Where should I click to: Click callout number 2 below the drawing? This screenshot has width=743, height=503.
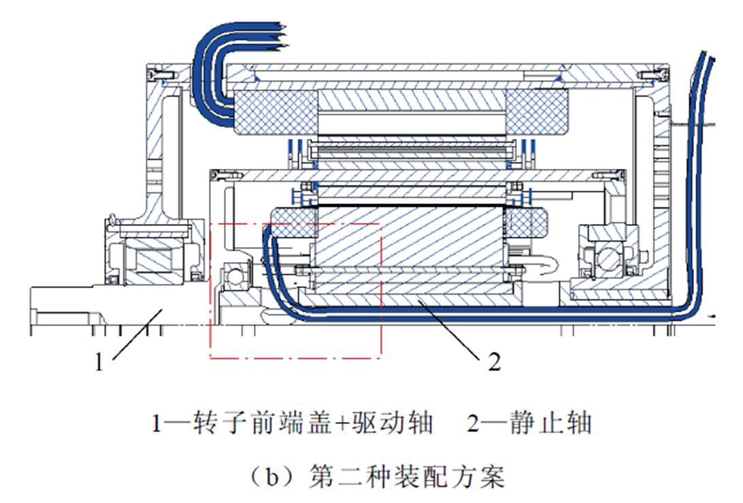click(495, 362)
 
